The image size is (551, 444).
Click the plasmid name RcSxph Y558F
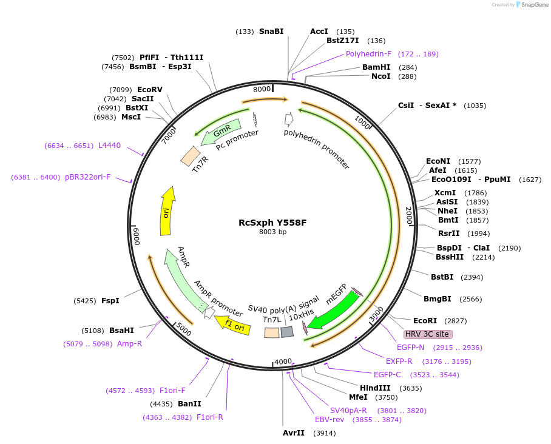click(272, 223)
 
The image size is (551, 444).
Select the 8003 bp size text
click(272, 232)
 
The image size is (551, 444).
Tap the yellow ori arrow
click(167, 211)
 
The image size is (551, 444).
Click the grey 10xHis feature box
click(287, 332)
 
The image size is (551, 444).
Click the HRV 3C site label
click(428, 334)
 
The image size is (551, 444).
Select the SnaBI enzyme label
click(271, 32)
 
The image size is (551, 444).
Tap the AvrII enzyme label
click(294, 433)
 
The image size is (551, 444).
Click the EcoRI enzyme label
click(425, 321)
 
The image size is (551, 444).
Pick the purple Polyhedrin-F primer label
click(369, 54)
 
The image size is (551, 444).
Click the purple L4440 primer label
click(109, 146)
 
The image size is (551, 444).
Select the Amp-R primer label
click(129, 344)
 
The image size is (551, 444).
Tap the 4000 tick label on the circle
click(283, 362)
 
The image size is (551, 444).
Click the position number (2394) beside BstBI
click(472, 278)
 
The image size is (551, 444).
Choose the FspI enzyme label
click(110, 301)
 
